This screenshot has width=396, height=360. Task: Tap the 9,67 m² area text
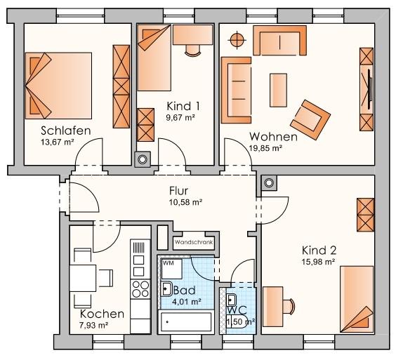(x=180, y=119)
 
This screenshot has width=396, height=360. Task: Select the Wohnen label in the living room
(x=273, y=136)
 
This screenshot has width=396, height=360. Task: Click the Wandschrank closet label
(x=193, y=242)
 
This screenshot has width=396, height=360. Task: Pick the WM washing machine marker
(x=168, y=263)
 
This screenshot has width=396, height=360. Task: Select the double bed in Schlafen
(x=59, y=85)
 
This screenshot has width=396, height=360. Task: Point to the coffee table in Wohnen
(x=279, y=81)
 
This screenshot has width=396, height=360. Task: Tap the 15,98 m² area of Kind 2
(x=319, y=262)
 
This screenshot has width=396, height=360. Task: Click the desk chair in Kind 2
(x=289, y=304)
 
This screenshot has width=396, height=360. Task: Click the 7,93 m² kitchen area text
(x=94, y=325)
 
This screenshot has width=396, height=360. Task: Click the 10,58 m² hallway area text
(x=185, y=202)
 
